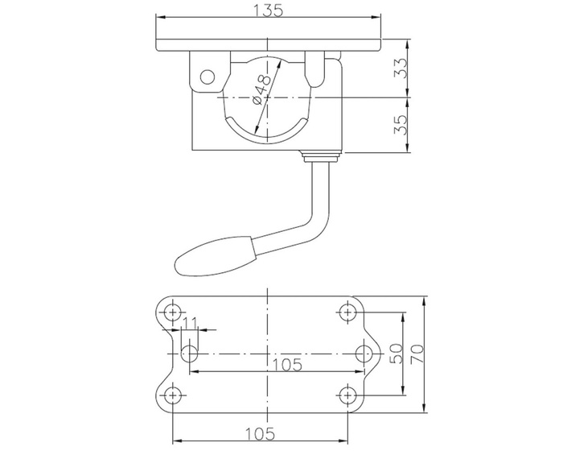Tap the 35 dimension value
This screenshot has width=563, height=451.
(x=399, y=123)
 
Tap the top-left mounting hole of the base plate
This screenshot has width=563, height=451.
(x=171, y=311)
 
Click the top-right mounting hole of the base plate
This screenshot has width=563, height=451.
(x=348, y=311)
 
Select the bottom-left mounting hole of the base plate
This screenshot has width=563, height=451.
(x=171, y=394)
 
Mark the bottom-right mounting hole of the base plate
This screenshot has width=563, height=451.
(x=348, y=394)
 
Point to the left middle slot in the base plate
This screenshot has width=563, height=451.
(x=190, y=353)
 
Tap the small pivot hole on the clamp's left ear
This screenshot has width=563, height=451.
(x=208, y=77)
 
